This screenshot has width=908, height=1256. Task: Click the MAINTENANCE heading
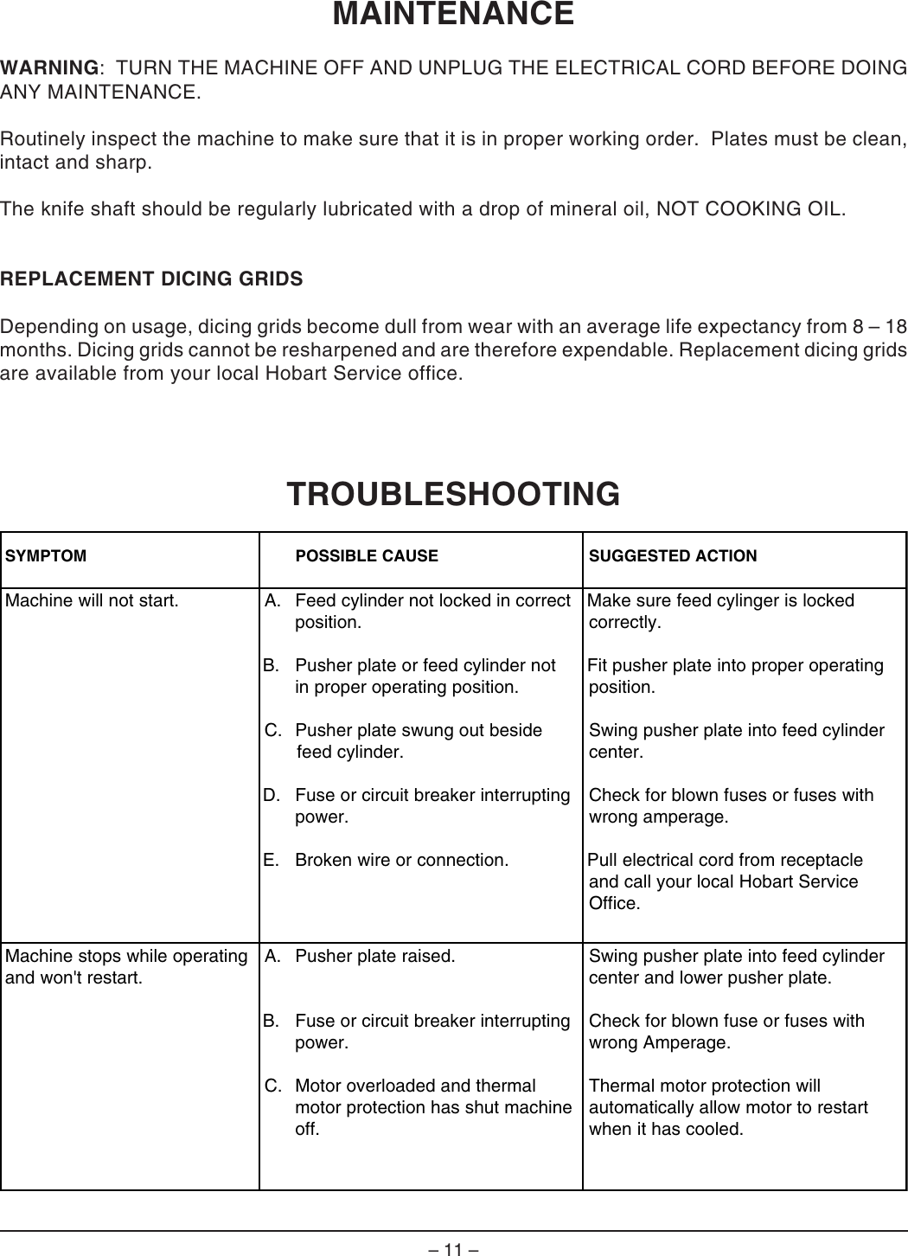453,15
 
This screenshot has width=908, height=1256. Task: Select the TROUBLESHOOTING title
453,494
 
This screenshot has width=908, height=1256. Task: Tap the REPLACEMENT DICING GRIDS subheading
152,279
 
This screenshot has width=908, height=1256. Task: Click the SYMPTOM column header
46,556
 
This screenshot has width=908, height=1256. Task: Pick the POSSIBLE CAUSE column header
367,556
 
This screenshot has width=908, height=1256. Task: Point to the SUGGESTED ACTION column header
673,556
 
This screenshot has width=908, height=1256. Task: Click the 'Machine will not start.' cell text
92,601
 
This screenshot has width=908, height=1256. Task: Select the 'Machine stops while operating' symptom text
126,957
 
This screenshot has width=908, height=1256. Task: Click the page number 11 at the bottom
453,1249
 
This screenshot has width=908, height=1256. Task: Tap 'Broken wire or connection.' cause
401,861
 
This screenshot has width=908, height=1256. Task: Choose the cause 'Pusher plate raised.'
374,957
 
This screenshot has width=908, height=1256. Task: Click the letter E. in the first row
272,861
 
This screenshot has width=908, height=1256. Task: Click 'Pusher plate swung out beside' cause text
419,731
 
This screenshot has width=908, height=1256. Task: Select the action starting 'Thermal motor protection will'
705,1086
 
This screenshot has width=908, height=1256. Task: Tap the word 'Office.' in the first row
615,904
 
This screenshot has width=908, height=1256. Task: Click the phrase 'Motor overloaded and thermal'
415,1086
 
